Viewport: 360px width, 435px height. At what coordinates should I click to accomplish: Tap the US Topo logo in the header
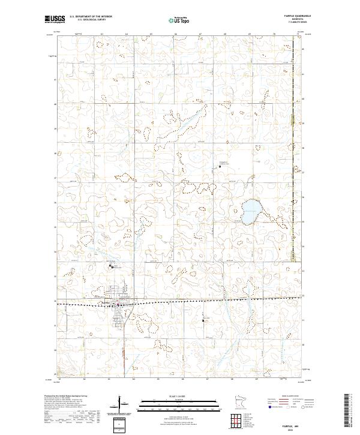click(179, 20)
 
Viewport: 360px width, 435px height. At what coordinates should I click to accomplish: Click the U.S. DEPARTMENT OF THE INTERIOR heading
click(91, 17)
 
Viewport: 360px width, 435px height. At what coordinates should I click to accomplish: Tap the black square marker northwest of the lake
click(220, 166)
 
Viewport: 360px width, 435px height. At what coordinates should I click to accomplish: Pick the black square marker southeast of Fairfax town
click(203, 320)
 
